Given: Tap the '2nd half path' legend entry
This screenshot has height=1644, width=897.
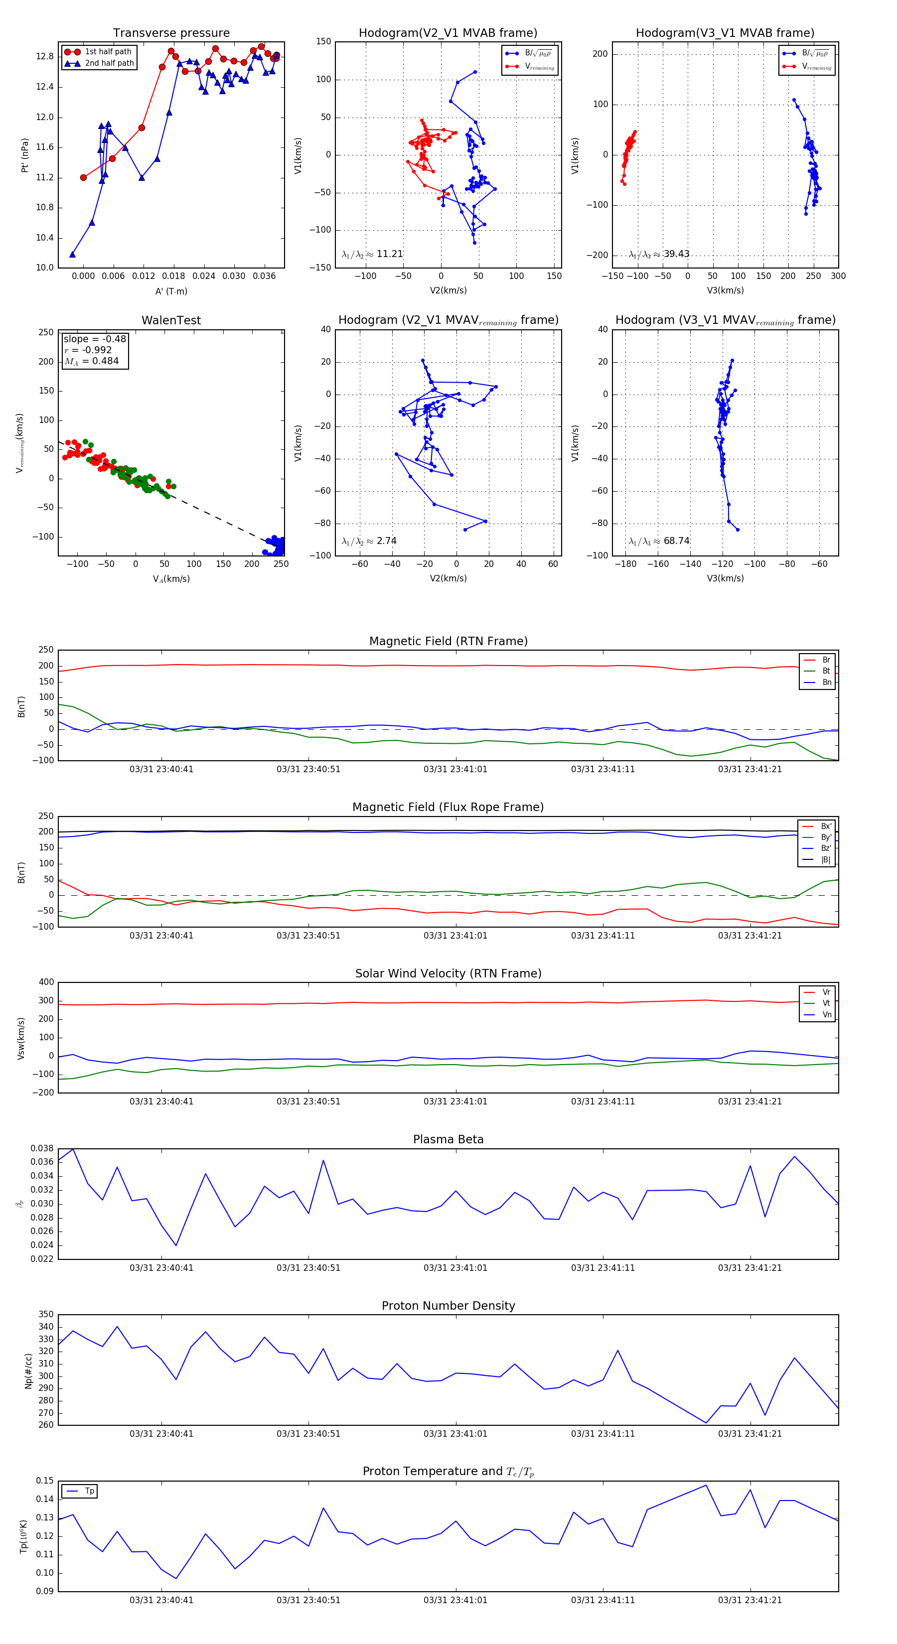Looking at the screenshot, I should pos(109,63).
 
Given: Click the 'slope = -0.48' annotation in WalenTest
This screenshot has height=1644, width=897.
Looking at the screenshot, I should pos(95,339).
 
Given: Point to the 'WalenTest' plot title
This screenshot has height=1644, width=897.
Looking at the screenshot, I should pos(171,320).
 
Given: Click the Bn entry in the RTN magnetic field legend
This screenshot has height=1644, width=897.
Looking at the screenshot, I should pos(826,682).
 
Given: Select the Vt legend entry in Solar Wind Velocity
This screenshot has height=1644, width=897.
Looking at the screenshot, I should pos(826,1003).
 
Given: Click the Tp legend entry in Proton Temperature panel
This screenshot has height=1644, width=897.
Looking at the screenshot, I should pos(89,1491).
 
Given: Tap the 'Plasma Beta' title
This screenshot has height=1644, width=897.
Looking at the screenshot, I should pos(448,1139).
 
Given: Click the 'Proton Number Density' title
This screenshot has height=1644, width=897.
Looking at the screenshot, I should pos(448,1306).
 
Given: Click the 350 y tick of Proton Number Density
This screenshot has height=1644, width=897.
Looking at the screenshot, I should pos(46,1315).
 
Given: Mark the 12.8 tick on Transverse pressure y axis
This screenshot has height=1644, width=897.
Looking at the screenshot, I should pos(45,56).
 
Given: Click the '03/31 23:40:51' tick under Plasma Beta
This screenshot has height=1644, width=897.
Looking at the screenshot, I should pos(308,1267).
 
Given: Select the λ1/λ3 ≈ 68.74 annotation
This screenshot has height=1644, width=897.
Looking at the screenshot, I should pos(659,541).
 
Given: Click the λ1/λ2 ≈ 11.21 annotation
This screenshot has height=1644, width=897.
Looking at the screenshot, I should pos(372,254).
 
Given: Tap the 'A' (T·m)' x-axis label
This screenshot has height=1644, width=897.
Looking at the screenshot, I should pos(171,291).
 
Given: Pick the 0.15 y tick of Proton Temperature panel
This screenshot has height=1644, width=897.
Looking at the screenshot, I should pos(45,1481).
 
